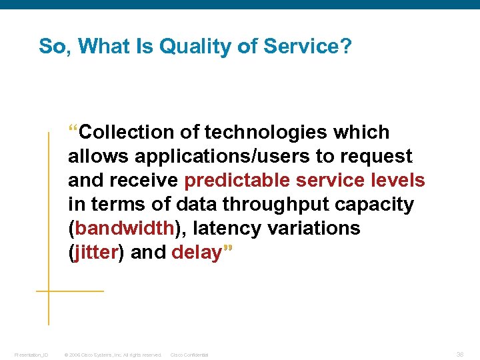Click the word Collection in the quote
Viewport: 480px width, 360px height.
pos(131,132)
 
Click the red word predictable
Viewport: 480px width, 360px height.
pos(237,181)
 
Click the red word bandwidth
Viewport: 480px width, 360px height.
pos(125,229)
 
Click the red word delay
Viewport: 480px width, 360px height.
pos(196,253)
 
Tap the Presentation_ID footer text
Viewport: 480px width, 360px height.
pos(31,355)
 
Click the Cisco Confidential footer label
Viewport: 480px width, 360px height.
pos(189,355)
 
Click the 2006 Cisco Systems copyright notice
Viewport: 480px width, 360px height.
pos(113,355)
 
